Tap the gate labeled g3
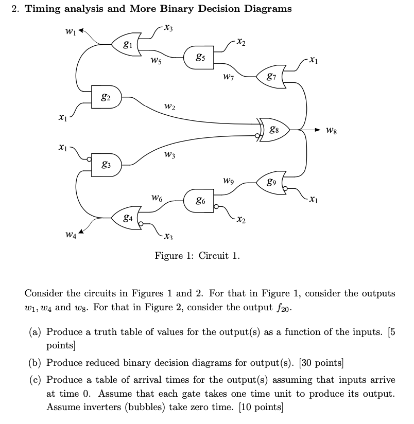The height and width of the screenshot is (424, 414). point(106,164)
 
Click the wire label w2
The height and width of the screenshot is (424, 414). point(169,107)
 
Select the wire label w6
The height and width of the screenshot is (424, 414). point(158,197)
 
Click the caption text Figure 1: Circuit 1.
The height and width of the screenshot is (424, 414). point(197,256)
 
